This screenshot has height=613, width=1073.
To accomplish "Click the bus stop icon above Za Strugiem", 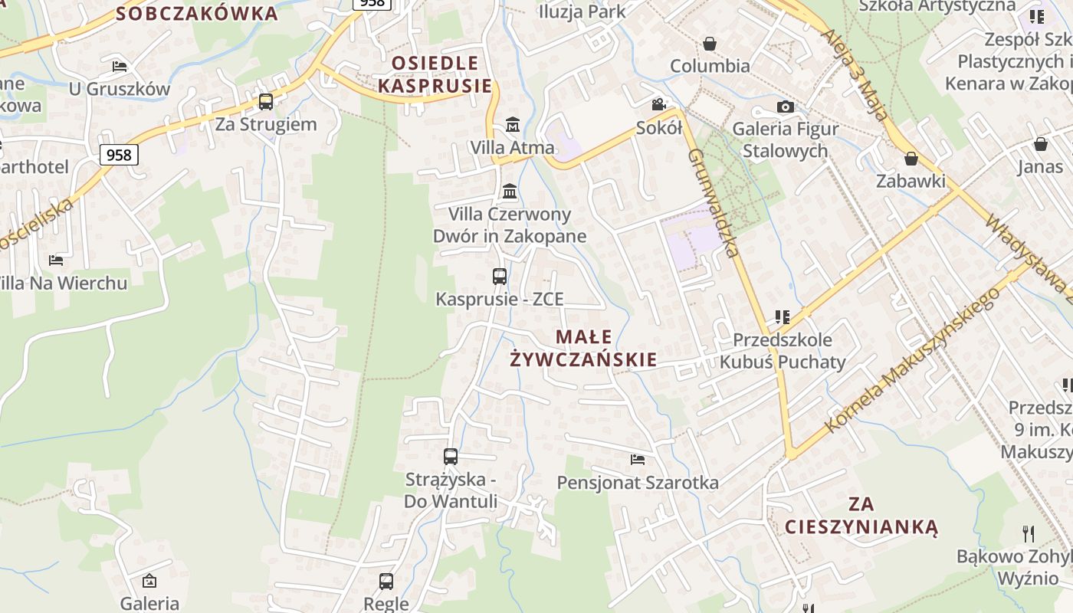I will pos(266,101).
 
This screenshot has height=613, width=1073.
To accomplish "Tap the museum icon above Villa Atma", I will pos(513,124).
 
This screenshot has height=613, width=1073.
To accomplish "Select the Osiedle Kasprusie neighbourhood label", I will pos(435,74).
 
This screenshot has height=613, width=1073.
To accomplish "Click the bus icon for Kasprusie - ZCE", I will pos(500,277).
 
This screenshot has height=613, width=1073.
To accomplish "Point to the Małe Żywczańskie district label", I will pos(584,348).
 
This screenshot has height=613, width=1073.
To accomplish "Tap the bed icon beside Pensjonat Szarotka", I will pos(638,460).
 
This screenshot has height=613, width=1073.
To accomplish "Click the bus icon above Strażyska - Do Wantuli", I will pos(451,457).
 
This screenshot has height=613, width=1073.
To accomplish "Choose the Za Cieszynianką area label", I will pos(861,515).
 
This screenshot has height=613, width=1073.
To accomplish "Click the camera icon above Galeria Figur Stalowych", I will pos(786,107).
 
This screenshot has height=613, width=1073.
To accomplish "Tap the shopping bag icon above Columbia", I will pos(710,44).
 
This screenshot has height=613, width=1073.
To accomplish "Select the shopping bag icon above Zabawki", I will pos(911,159).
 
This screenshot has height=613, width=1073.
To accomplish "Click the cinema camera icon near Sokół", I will pos(658,104).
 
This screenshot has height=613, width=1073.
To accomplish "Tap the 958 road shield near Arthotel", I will pos(119,155).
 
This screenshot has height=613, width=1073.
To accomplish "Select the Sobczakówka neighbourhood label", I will pos(197,13).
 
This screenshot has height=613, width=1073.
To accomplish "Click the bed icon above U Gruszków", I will pos(120,67).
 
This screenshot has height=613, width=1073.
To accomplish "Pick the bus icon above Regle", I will pos(386,581).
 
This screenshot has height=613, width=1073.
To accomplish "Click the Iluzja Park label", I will pos(582,11).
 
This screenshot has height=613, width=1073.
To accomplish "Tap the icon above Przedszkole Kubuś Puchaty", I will pos(782,316).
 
